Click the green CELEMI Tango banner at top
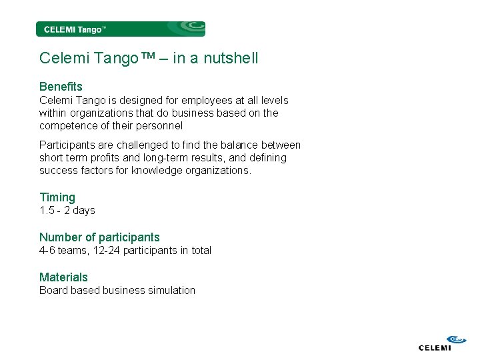(x=120, y=29)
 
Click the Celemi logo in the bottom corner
(x=435, y=342)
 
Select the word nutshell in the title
(x=233, y=59)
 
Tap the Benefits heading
(x=61, y=87)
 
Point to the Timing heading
(x=57, y=197)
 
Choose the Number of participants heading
(x=99, y=237)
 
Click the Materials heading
(x=63, y=277)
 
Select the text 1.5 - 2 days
(x=67, y=211)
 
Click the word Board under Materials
(x=53, y=291)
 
